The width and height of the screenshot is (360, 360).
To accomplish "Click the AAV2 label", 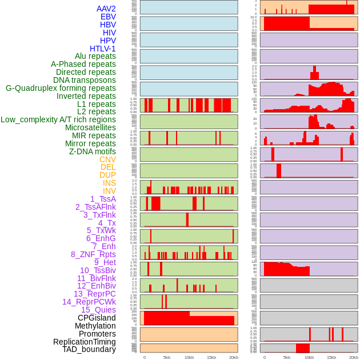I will pos(106,9).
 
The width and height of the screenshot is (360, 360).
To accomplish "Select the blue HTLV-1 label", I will pos(102,49).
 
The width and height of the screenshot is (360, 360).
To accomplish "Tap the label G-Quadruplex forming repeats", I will pos(61,88).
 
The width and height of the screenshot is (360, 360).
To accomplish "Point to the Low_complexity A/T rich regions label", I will pos(58,119).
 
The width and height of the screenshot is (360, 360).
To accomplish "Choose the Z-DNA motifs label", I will pos(92,151).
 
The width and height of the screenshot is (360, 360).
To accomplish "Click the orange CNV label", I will pos(107,159).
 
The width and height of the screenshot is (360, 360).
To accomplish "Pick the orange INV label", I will pos(109,191).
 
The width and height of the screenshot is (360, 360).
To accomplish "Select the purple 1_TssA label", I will pos(103,199).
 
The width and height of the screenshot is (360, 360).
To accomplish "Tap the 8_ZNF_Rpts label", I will pos(93,254).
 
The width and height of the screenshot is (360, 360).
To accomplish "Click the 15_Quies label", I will pos(98,310).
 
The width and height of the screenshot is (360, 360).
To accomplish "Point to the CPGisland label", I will pos(97,318).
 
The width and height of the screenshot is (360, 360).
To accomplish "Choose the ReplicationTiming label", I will pos(85,342).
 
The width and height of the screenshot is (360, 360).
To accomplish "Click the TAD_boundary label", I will pos(89,349).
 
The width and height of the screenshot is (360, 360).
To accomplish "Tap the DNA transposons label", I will pos(85,80).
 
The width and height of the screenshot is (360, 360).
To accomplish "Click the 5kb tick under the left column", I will pos(167,357).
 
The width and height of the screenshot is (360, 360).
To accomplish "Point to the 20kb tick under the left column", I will pos(233,357).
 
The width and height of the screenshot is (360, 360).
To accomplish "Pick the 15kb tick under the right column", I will pos(331,357).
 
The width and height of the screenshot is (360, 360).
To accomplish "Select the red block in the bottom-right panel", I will pos(303,348).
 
